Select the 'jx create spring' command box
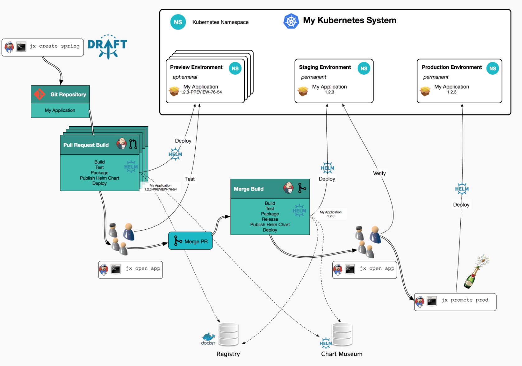pyautogui.click(x=43, y=47)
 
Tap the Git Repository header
pyautogui.click(x=60, y=94)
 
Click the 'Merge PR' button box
pyautogui.click(x=190, y=241)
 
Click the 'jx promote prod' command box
pyautogui.click(x=455, y=302)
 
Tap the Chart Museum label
pyautogui.click(x=342, y=354)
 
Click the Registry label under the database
pyautogui.click(x=228, y=354)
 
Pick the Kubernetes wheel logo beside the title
pyautogui.click(x=291, y=21)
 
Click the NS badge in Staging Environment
pyautogui.click(x=364, y=68)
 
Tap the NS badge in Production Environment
pyautogui.click(x=492, y=68)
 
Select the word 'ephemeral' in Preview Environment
pyautogui.click(x=185, y=77)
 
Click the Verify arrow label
pyautogui.click(x=379, y=173)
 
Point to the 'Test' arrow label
pyautogui.click(x=190, y=179)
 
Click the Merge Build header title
pyautogui.click(x=249, y=189)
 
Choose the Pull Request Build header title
pyautogui.click(x=86, y=145)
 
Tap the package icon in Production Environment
pyautogui.click(x=425, y=91)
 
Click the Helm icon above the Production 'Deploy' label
pyautogui.click(x=462, y=189)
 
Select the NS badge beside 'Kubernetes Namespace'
pyautogui.click(x=178, y=22)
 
